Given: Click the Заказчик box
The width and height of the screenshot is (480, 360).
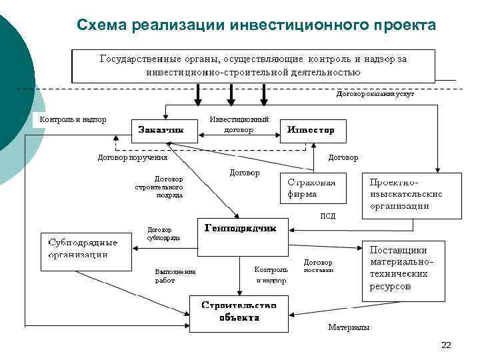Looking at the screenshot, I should [160, 131].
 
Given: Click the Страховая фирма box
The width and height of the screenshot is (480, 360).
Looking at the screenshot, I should [313, 189].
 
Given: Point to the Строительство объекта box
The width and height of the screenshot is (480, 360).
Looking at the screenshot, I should [239, 313].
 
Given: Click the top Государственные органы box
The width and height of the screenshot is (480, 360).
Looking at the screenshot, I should [253, 65].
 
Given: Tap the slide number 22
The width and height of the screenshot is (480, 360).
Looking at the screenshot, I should [446, 345].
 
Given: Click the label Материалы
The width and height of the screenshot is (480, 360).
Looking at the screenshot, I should [349, 327].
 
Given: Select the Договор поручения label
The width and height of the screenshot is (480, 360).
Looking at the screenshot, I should [133, 158].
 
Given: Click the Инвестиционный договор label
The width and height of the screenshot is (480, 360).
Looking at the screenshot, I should [239, 125].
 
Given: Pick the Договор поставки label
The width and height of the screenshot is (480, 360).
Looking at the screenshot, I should [318, 266].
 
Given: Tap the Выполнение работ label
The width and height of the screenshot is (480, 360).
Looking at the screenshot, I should [175, 276].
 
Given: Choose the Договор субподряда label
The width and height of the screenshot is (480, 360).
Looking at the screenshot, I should [163, 233].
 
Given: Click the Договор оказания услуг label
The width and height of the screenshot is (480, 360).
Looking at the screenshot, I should [375, 95].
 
